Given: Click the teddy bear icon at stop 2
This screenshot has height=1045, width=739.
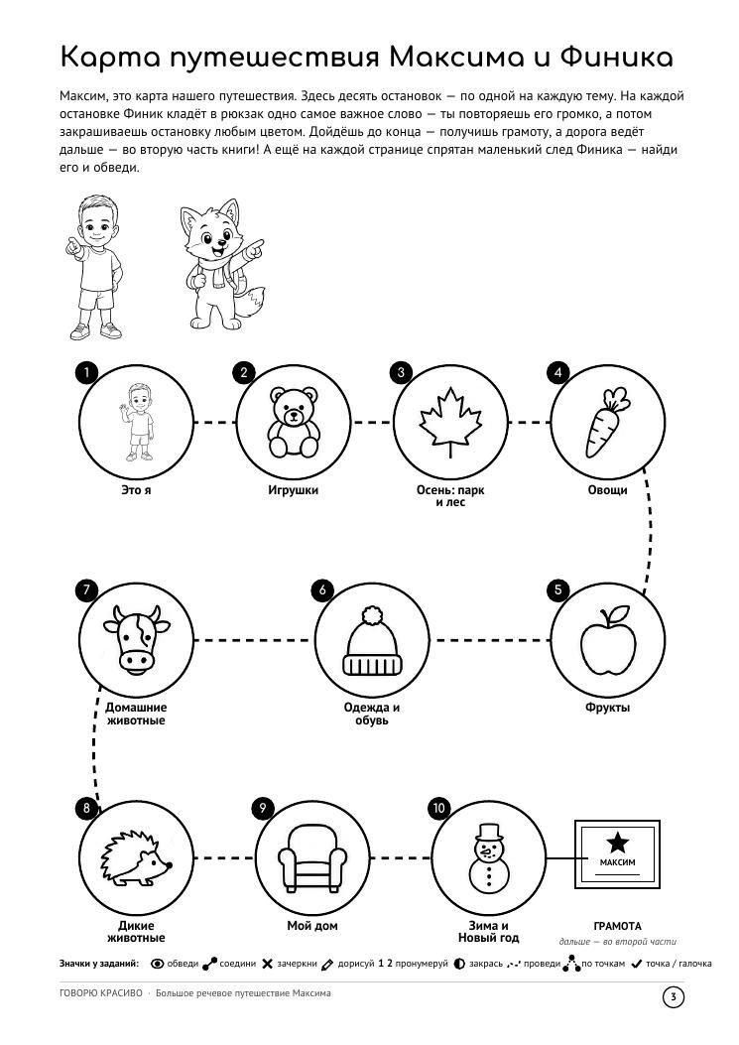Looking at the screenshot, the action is tap(294, 423).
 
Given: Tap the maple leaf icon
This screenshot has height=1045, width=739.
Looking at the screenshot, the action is tap(450, 422).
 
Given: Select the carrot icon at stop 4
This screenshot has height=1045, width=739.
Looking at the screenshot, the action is tap(607, 423).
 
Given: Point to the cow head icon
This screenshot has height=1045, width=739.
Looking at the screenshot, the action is tap(137, 637).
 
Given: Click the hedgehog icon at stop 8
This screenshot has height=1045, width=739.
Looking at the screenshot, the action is tap(137, 857).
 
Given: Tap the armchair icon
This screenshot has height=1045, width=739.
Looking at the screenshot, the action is tap(312, 858).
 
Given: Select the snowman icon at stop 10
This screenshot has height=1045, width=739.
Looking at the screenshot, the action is tap(488, 857).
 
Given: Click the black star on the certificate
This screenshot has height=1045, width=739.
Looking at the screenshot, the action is tap(618, 842).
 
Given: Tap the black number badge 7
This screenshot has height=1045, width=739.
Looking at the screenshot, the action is tap(86, 589).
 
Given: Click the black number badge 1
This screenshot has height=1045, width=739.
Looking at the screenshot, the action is tap(86, 372).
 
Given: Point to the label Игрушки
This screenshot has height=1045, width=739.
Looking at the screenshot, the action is tap(294, 490).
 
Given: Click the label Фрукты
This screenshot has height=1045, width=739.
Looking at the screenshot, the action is tap(608, 708).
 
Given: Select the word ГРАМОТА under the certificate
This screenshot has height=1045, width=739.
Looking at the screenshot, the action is tap(618, 926).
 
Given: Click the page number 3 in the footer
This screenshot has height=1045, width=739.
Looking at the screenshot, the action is tap(674, 997).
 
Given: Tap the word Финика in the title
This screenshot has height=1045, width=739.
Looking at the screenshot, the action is tap(616, 58).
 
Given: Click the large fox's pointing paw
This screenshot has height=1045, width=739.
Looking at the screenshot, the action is tap(254, 247).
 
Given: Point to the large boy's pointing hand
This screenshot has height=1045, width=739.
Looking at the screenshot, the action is tap(74, 246).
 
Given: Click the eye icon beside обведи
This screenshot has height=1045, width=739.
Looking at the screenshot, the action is tap(158, 964).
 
